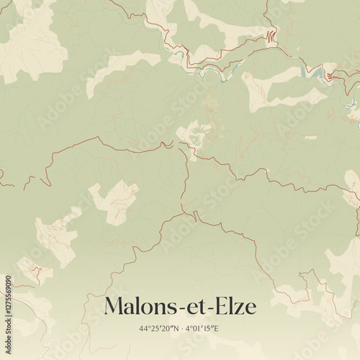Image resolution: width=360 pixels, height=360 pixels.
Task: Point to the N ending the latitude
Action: click(175, 329)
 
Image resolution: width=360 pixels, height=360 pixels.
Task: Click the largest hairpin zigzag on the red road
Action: click(271, 35)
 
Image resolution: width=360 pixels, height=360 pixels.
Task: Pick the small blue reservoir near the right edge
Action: click(318, 71)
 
